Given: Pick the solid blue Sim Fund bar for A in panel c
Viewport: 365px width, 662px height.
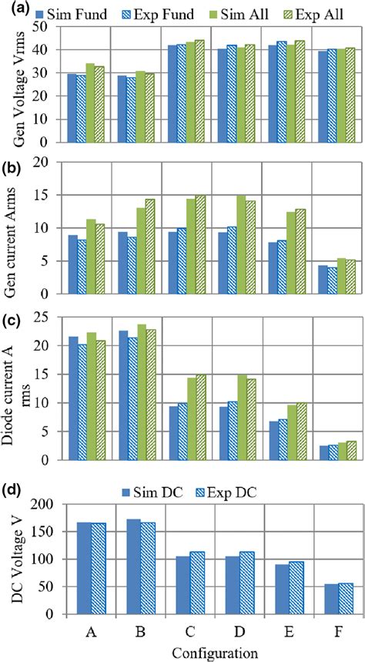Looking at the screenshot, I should click(x=72, y=398).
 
